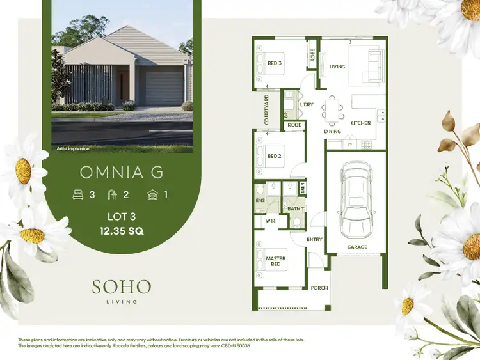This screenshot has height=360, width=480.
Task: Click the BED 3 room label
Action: pos(275,63)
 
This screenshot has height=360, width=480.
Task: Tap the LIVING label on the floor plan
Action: pos(337,67)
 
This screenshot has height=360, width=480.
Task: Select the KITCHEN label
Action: pos(360,122)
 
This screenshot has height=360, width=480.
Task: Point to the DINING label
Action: pos(332,131)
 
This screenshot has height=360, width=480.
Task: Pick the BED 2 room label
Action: pos(275,155)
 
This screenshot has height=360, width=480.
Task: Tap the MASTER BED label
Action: pos(276,261)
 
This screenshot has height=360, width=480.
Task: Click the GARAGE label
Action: pos(357,247)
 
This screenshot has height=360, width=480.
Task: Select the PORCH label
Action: pos(319,288)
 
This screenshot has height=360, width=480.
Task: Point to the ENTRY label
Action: pos(315,239)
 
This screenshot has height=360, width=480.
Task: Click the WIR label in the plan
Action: pos(269,221)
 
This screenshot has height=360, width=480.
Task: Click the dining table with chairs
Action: pos(332,109)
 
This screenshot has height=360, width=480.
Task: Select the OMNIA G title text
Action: pos(122,172)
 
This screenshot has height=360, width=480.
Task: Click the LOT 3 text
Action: pos(122,217)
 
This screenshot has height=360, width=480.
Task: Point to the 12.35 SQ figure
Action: pos(122,231)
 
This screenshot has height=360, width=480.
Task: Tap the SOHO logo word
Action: pos(122,286)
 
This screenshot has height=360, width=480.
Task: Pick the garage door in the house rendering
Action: pos(164,89)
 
